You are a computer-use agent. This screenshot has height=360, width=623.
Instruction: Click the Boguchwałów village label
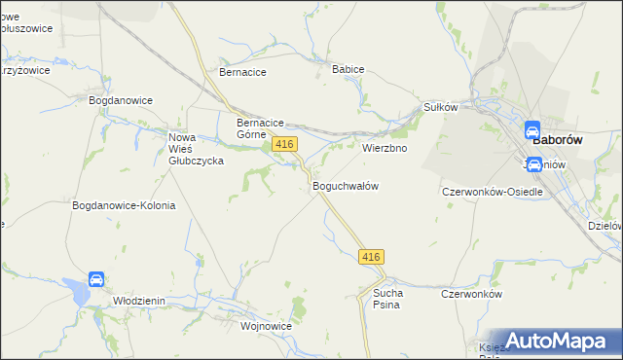[x=345, y=185]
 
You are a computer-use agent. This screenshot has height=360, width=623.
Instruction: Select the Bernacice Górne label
[x=260, y=128]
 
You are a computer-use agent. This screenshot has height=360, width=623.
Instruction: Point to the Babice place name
[x=348, y=70]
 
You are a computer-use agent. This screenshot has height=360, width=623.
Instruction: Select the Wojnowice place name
[x=239, y=327]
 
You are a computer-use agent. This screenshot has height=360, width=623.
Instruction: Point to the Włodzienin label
[x=137, y=302]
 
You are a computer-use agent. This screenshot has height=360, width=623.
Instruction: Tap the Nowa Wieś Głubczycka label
[x=196, y=149]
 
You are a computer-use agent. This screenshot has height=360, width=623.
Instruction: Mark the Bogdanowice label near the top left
[x=121, y=100]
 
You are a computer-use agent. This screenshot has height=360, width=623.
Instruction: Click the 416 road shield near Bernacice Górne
[x=284, y=144]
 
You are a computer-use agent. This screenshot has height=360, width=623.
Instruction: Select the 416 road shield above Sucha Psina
[x=371, y=257]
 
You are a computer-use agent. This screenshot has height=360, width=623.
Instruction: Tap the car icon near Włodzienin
[x=96, y=280]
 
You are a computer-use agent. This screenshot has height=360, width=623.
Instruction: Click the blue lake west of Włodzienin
[x=75, y=288]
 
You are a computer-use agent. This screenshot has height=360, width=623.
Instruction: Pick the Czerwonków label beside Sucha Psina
[x=470, y=294]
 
